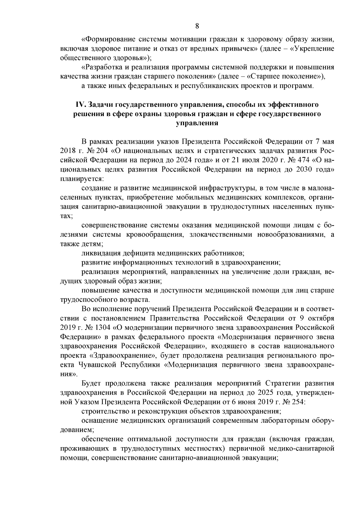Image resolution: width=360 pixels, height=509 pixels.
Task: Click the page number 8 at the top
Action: (197, 26)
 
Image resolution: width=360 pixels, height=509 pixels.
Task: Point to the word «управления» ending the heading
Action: (197, 123)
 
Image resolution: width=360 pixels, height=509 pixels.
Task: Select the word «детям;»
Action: (91, 244)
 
